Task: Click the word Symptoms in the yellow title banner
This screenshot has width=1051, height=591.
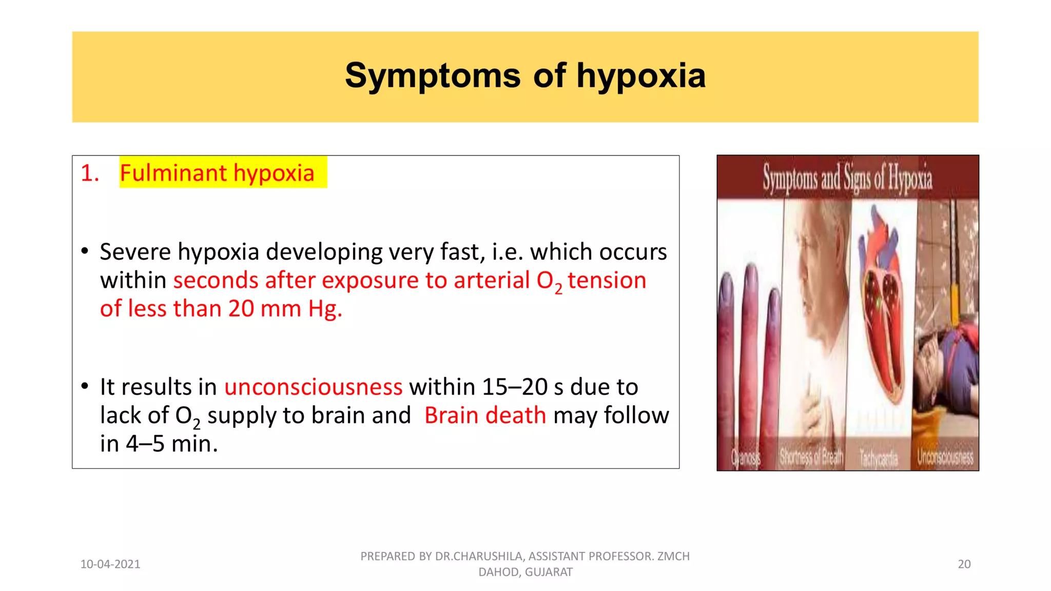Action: pos(433,76)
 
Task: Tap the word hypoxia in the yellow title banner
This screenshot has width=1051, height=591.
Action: pos(641,76)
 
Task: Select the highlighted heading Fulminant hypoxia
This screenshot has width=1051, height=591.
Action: pos(217,173)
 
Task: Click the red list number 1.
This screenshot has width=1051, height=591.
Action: pos(90,173)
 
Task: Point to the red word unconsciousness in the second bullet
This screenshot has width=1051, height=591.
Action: pos(313,387)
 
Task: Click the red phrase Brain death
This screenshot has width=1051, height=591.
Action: pos(485,415)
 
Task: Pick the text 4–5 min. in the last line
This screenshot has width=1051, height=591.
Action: pos(171,443)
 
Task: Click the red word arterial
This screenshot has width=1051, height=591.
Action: pos(491,280)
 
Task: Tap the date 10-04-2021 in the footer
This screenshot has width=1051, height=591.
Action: pos(110,564)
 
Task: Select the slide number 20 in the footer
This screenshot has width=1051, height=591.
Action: pos(964,564)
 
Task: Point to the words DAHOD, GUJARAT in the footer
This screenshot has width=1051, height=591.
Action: pos(525,572)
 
